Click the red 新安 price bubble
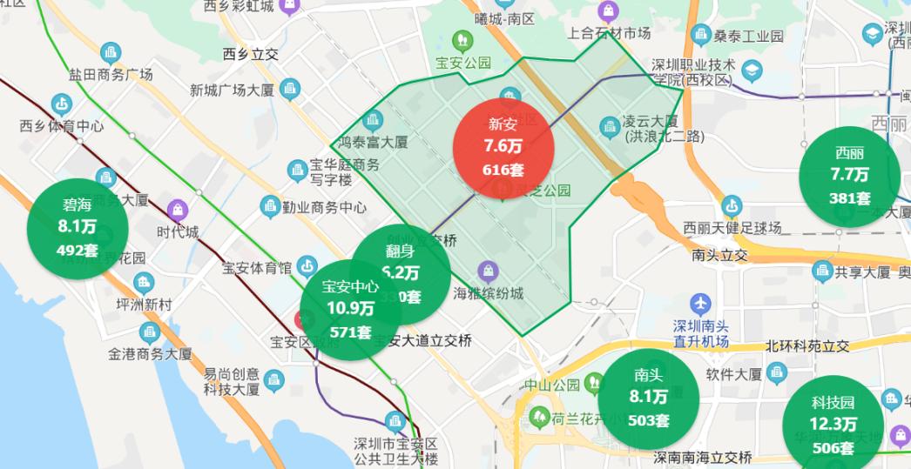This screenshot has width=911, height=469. [x=504, y=146]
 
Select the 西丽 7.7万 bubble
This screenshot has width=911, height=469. [x=850, y=177]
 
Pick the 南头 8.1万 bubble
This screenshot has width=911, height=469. [x=649, y=398]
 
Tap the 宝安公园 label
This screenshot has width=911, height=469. [x=463, y=63]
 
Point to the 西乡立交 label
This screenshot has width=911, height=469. [x=251, y=54]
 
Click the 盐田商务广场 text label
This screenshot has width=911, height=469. [x=111, y=75]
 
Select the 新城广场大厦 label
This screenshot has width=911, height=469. [x=233, y=90]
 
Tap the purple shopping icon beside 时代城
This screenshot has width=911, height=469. [x=179, y=211]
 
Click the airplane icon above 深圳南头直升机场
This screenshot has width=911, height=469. [x=700, y=305]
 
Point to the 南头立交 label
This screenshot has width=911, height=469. [x=720, y=256]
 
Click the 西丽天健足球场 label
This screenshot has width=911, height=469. [x=732, y=229]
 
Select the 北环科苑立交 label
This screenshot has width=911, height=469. [x=806, y=345]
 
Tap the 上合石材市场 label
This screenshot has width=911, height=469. [x=609, y=33]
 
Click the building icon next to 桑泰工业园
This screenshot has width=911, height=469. [x=702, y=36]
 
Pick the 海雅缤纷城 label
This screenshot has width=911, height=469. [x=489, y=293]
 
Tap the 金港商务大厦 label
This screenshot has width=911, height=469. [x=150, y=354]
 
